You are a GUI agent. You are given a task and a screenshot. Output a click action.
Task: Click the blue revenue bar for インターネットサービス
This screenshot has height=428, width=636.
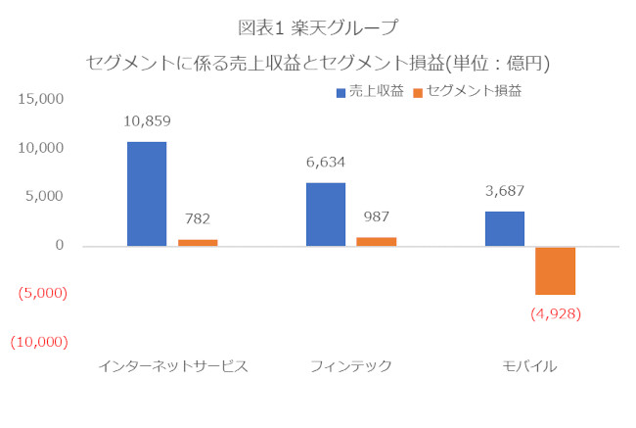pos(147,194)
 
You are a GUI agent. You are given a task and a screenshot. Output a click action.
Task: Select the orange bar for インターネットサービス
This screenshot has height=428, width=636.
pos(197,242)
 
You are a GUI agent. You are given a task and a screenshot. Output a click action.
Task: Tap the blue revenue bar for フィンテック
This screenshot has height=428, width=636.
pos(325,214)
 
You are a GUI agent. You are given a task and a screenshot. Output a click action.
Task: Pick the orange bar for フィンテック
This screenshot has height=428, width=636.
pos(376,241)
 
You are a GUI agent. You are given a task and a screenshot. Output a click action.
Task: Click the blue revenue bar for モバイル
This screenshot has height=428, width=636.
pos(504,228)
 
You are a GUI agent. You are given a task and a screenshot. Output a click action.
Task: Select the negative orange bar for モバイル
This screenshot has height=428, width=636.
pos(554,270)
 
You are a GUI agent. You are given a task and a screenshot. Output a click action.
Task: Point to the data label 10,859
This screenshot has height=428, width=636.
pos(147,122)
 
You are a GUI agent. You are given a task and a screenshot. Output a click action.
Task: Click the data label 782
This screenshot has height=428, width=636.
pos(197,219)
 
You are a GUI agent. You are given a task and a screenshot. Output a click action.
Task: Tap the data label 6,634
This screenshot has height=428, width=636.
pos(325,163)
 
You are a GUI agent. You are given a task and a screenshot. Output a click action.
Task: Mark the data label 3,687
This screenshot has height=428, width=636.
pos(504,191)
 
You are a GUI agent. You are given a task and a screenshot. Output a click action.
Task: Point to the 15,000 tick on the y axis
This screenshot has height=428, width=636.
pos(41,100)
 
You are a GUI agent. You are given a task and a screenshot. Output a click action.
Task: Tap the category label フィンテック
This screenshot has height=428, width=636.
pos(350,366)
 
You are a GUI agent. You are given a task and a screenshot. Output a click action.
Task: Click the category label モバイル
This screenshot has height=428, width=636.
pos(528,366)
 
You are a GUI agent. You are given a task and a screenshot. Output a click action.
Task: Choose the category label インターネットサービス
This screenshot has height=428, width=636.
pos(172,366)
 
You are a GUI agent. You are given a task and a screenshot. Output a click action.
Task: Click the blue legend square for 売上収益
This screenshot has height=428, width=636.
pos(341,92)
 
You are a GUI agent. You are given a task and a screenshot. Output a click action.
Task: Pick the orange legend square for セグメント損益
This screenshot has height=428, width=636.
pos(418,92)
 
